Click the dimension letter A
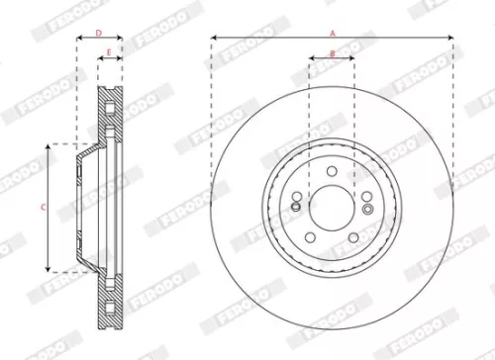click(x=333, y=33)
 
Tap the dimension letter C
click(x=42, y=208)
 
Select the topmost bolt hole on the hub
click(x=332, y=171)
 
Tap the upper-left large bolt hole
click(x=298, y=196)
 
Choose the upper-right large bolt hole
click(x=365, y=196)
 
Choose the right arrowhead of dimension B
click(x=353, y=59)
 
